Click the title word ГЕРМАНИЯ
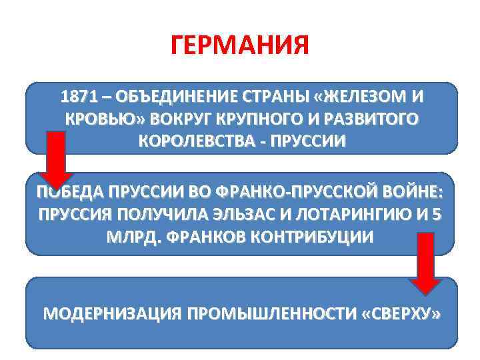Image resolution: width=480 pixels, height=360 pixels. pos(240,47)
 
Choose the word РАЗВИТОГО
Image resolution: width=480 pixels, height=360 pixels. pos(370,120)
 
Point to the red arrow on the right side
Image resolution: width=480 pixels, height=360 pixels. pos(425,263)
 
